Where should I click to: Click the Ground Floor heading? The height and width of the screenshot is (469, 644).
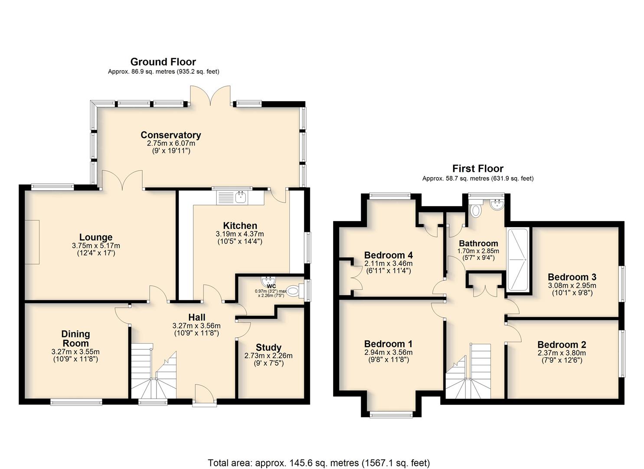[163, 62]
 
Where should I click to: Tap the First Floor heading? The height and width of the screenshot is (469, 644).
[478, 168]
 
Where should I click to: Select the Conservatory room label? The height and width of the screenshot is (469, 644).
[171, 135]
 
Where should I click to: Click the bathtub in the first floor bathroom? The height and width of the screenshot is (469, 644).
[518, 259]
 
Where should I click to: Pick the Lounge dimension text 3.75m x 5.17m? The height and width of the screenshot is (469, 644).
[96, 246]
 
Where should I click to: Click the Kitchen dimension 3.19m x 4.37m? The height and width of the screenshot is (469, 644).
[240, 234]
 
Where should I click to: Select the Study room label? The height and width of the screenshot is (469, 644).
[268, 347]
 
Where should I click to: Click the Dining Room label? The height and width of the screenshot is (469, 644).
[75, 339]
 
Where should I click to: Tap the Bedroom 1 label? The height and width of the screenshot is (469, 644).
[388, 344]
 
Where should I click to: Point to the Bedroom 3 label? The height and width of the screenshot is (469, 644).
[572, 277]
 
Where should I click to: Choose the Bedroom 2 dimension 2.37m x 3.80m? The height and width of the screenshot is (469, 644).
[562, 353]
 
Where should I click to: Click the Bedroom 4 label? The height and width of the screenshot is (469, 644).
[389, 255]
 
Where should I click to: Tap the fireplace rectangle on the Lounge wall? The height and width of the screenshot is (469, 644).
[32, 242]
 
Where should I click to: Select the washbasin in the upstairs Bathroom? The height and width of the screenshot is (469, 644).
[497, 205]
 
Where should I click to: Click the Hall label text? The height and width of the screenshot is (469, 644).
[196, 317]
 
